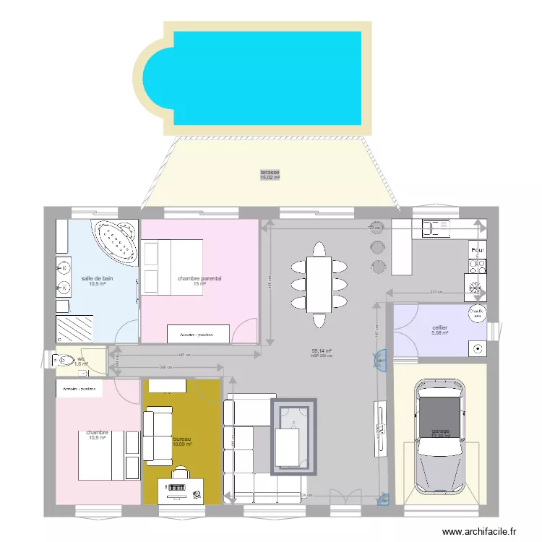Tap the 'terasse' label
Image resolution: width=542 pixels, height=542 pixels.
(270, 173)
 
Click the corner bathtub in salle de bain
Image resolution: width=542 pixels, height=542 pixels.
(116, 241)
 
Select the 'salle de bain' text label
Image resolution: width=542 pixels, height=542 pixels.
(97, 278)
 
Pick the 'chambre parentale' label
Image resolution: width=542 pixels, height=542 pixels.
(199, 278)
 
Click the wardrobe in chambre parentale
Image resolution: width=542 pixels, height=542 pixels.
(198, 334)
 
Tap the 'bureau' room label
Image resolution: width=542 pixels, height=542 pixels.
(183, 439)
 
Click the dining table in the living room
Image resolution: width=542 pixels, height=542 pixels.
(319, 284)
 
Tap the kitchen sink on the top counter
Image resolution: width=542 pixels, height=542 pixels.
(436, 228)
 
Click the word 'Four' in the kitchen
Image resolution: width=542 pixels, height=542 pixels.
(477, 251)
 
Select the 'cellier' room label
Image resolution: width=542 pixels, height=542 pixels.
(439, 327)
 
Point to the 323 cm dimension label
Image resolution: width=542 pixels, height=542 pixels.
(435, 292)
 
